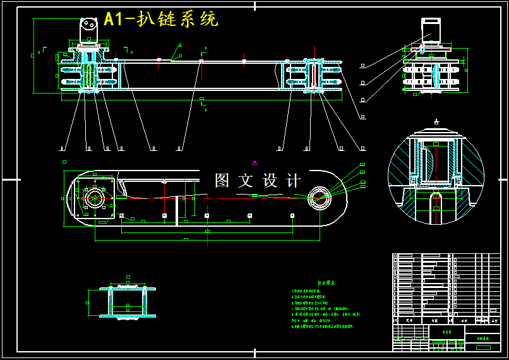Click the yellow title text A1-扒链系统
161,19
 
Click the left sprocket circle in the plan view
95,198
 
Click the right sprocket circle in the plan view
320,199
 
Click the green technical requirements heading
326,284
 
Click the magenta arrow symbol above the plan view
254,163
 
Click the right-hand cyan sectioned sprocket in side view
314,76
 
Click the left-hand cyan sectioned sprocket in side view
88,76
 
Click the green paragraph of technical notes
323,309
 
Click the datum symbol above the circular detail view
436,121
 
